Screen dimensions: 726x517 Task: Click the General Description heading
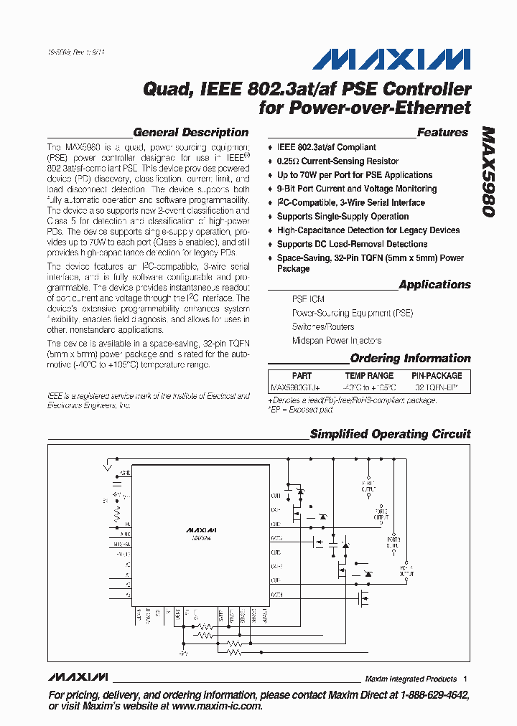coord(191,133)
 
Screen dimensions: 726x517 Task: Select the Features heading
coord(442,133)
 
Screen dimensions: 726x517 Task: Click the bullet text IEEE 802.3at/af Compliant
coord(327,147)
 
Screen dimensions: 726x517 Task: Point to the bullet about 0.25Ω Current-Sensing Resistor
coord(337,161)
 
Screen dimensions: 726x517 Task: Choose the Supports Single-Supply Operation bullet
coord(343,217)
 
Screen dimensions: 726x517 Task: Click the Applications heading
coord(434,285)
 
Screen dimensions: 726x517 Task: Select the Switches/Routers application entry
coord(322,327)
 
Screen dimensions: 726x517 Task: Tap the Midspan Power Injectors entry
coord(336,341)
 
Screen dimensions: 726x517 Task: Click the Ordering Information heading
coord(410,359)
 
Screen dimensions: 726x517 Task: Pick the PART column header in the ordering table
coord(302,376)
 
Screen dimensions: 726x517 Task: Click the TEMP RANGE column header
coord(369,376)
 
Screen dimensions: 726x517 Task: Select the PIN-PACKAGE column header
coord(437,376)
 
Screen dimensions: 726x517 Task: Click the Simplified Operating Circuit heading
coord(390,434)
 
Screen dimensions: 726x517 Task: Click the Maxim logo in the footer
coord(78,677)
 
